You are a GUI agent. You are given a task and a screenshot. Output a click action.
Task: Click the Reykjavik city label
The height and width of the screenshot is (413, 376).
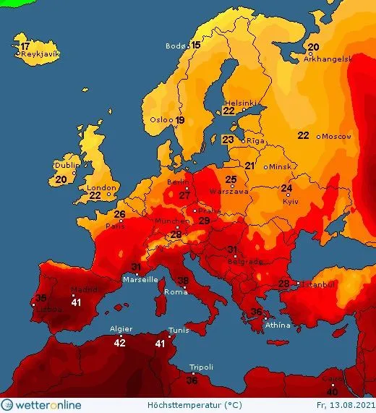pyautogui.click(x=40, y=54)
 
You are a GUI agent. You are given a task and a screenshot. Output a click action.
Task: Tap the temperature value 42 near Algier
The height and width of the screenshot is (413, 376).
pyautogui.click(x=120, y=342)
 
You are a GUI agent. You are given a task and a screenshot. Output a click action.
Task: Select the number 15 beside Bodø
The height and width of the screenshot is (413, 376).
pyautogui.click(x=195, y=45)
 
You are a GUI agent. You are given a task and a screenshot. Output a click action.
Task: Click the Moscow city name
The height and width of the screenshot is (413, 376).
pyautogui.click(x=337, y=136)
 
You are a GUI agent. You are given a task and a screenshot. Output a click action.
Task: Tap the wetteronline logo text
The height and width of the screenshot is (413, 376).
pyautogui.click(x=48, y=405)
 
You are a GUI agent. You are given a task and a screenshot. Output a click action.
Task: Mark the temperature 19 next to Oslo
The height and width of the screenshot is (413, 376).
pyautogui.click(x=180, y=120)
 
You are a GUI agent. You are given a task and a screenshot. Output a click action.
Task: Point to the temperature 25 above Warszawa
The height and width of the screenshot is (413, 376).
pyautogui.click(x=231, y=179)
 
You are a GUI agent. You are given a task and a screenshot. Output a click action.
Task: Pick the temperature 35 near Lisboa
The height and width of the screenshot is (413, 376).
pyautogui.click(x=41, y=298)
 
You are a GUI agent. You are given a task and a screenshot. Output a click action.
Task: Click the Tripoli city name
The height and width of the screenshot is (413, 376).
pyautogui.click(x=201, y=367)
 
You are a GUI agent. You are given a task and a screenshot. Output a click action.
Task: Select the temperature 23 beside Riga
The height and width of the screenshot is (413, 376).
pyautogui.click(x=228, y=140)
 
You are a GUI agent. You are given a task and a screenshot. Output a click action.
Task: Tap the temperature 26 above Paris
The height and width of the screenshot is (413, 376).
pyautogui.click(x=119, y=214)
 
